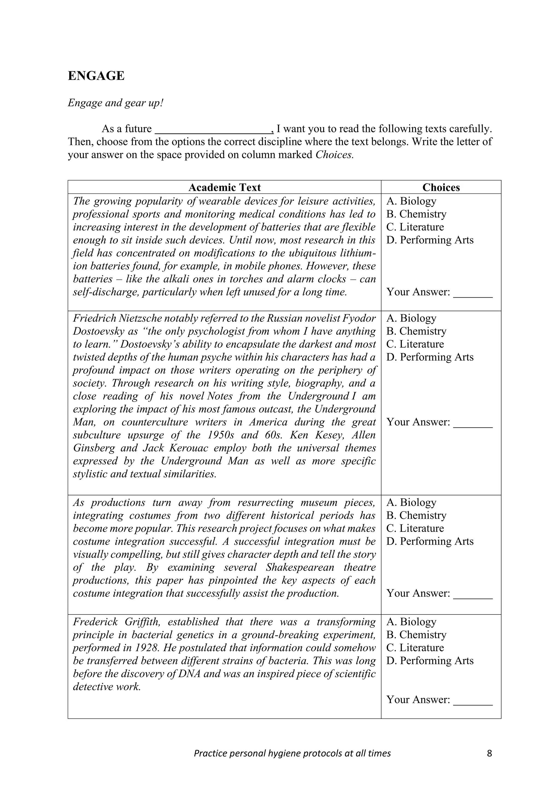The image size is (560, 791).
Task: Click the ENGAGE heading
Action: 96,76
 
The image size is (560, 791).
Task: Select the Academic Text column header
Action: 224,187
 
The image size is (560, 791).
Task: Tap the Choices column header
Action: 441,187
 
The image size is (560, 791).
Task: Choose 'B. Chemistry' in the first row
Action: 416,214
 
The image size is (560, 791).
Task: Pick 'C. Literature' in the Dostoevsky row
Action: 415,344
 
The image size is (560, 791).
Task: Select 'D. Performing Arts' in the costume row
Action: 430,541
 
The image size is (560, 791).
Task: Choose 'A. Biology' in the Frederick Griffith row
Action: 411,622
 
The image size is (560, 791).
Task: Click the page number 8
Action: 489,754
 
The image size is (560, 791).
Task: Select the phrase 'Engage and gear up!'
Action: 115,103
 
